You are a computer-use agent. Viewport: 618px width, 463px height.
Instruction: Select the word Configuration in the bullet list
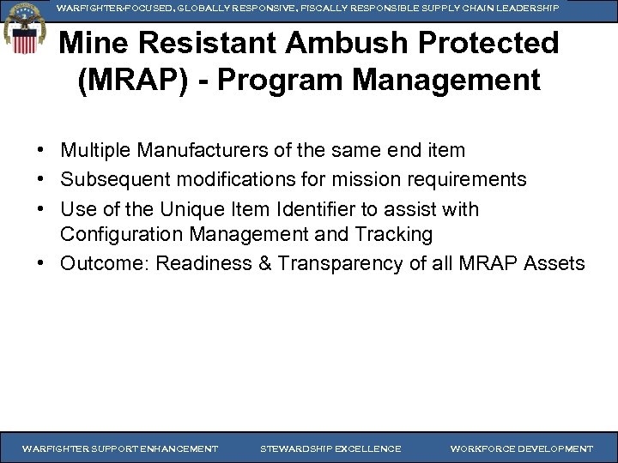click(116, 234)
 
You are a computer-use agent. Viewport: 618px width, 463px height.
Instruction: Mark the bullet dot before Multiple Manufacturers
click(41, 151)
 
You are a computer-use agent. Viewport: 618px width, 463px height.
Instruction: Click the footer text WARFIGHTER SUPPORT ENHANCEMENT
click(119, 448)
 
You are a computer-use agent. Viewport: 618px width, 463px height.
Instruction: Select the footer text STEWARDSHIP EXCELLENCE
click(330, 448)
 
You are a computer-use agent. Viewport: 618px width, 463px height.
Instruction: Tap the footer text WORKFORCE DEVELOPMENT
click(521, 448)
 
